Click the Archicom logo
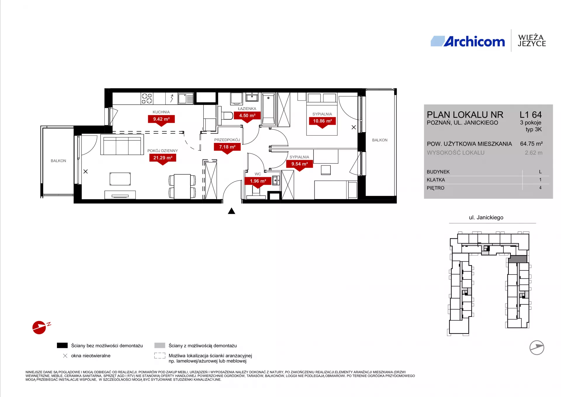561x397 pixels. click(467, 41)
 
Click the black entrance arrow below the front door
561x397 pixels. click(231, 211)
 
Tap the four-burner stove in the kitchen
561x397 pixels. click(147, 99)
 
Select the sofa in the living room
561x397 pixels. click(122, 144)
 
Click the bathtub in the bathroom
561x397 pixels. click(269, 109)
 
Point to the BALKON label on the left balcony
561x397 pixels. click(58, 161)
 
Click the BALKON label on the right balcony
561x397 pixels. click(380, 140)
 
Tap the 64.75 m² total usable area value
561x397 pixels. click(531, 144)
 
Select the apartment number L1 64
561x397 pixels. click(531, 115)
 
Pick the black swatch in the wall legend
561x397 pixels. click(62, 345)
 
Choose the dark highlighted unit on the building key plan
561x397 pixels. click(518, 259)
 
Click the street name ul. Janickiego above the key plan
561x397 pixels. click(486, 218)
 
